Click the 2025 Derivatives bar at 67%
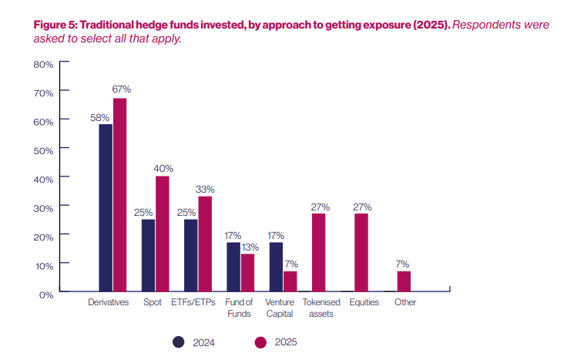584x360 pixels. click(x=119, y=195)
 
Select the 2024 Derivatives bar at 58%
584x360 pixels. click(x=106, y=208)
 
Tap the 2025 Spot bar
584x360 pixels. click(x=162, y=234)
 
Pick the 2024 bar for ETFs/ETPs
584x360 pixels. click(x=190, y=256)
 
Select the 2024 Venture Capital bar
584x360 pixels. click(x=276, y=267)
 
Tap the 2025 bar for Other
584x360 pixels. click(x=404, y=281)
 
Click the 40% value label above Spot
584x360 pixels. click(x=163, y=169)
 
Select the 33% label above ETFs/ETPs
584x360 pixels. click(x=205, y=189)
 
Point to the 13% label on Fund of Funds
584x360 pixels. click(x=248, y=246)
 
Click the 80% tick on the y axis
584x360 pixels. click(x=43, y=64)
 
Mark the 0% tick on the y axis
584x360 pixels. click(x=45, y=294)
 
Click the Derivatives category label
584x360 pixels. click(x=108, y=303)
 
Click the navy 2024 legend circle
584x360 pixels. click(x=179, y=341)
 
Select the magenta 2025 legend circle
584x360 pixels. click(x=259, y=341)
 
